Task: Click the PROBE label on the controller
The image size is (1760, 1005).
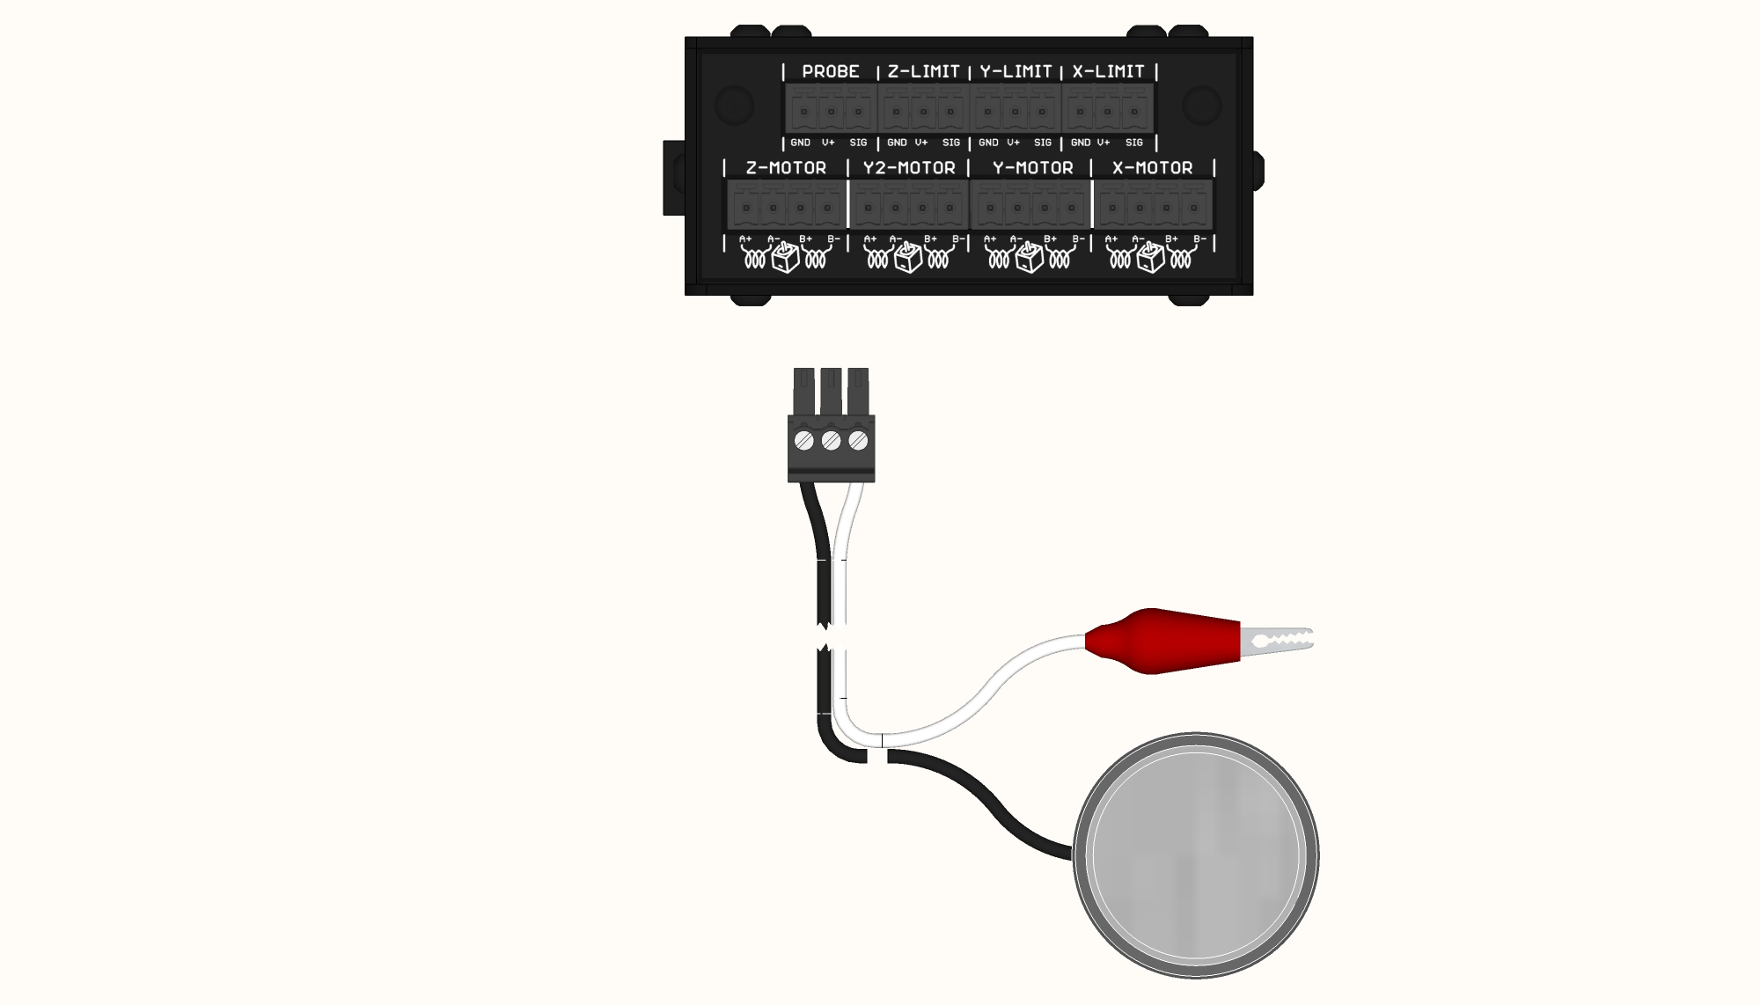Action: [x=830, y=71]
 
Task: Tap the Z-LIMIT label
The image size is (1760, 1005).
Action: [x=923, y=71]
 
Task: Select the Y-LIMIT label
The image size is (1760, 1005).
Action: [x=1016, y=71]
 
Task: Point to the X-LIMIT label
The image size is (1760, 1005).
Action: [x=1108, y=71]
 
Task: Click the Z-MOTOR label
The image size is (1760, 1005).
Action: [x=786, y=168]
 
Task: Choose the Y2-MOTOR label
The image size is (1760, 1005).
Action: [x=908, y=168]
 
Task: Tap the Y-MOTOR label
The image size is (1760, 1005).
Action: [x=1032, y=168]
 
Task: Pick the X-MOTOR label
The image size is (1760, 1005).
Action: [x=1152, y=168]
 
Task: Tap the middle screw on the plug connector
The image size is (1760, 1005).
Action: [x=831, y=440]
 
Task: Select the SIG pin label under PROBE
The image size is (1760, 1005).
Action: [x=858, y=143]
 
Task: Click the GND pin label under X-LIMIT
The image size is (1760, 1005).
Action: [x=1080, y=143]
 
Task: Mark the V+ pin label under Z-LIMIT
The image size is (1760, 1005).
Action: [x=921, y=143]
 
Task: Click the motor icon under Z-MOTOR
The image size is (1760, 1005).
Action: [x=785, y=257]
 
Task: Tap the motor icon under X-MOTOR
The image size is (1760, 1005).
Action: [x=1150, y=257]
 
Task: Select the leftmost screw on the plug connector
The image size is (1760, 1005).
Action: [x=803, y=440]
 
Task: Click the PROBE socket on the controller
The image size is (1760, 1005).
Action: [x=831, y=109]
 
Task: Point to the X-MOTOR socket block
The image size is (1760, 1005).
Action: [x=1153, y=206]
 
